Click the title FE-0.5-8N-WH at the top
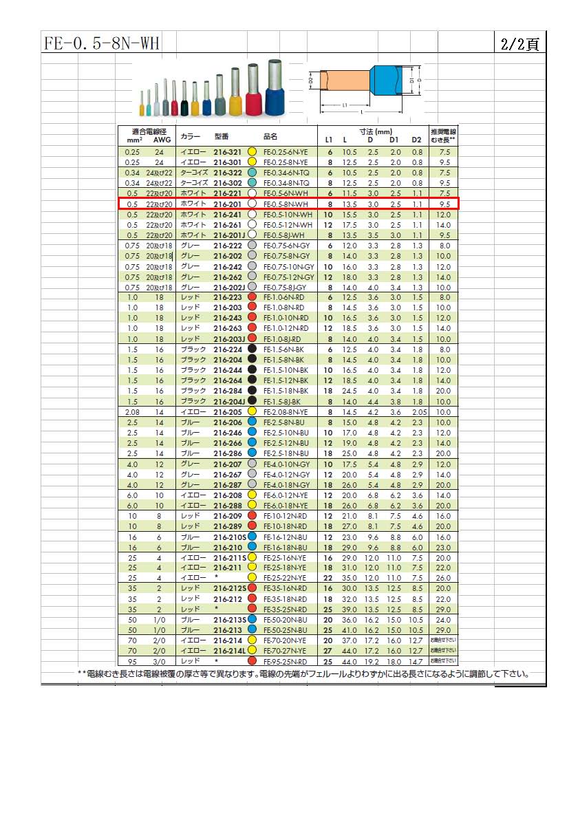[x=101, y=43]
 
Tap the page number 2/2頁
[x=520, y=43]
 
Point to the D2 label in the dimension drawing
[x=311, y=81]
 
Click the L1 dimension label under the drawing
[x=344, y=105]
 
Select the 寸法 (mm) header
[x=375, y=131]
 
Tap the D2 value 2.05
[x=420, y=411]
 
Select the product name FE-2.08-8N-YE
[x=288, y=411]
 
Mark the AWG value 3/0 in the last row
[x=160, y=662]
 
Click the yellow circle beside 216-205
[x=252, y=411]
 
